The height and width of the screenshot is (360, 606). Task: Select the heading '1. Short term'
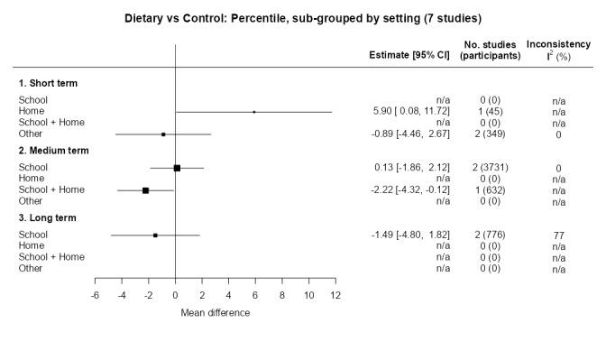click(x=48, y=83)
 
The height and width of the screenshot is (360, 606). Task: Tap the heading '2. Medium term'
click(x=53, y=151)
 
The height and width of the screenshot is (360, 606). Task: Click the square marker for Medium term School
click(x=177, y=168)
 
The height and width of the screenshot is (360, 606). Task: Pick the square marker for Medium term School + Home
click(x=145, y=190)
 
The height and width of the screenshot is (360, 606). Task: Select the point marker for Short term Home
click(x=254, y=112)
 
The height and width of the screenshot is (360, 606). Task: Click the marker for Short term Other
click(x=163, y=134)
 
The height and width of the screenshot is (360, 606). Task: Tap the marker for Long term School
click(x=155, y=235)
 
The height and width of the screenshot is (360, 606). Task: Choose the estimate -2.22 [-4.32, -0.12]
click(x=411, y=190)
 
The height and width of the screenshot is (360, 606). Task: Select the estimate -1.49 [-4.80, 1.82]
click(x=411, y=235)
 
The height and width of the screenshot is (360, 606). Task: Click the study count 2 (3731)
click(x=490, y=168)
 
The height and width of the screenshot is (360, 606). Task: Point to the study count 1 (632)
click(x=490, y=190)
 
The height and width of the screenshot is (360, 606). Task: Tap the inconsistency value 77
click(x=559, y=235)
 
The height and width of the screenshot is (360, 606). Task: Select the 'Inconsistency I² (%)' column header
click(x=559, y=50)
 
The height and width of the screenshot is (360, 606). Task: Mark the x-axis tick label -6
click(x=95, y=295)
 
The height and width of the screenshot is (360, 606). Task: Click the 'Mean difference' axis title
click(x=215, y=312)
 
